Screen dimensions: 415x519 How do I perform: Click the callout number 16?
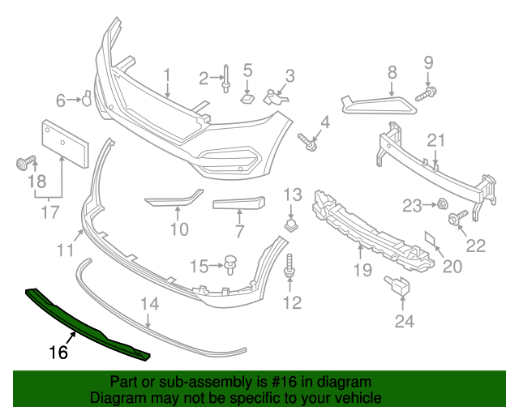[58, 352]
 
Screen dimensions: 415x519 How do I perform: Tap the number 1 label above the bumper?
[167, 76]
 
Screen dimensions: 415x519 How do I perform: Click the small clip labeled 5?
[247, 98]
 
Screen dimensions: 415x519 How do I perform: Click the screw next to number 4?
[308, 143]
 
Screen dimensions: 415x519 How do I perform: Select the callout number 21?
[436, 141]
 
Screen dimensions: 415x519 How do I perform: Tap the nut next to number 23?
[444, 203]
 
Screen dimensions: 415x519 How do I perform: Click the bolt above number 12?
[290, 267]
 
